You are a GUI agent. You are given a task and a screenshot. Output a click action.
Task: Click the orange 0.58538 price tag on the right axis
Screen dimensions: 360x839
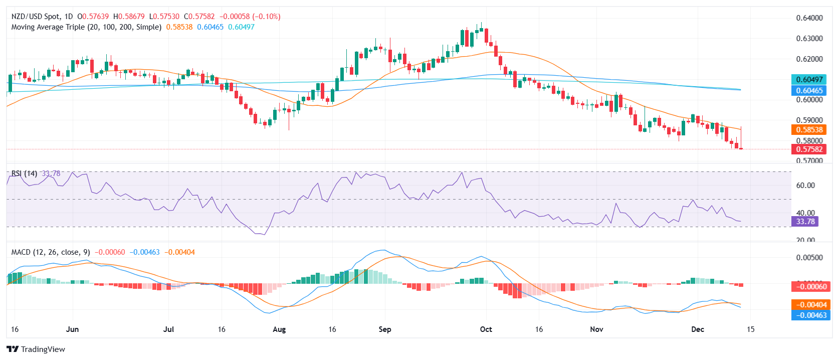pyautogui.click(x=809, y=130)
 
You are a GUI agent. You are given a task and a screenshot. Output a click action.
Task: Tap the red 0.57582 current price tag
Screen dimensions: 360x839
pyautogui.click(x=809, y=149)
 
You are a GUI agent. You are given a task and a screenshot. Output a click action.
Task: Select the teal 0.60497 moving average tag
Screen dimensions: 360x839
pyautogui.click(x=809, y=80)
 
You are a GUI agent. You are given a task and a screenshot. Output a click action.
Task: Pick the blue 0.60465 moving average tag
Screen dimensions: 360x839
pyautogui.click(x=809, y=91)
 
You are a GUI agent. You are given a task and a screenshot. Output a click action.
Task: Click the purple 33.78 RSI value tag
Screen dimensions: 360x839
pyautogui.click(x=805, y=222)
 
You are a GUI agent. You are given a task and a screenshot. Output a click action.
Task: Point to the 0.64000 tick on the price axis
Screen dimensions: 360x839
pyautogui.click(x=809, y=18)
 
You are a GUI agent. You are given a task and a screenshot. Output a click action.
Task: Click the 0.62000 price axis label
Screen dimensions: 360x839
pyautogui.click(x=809, y=59)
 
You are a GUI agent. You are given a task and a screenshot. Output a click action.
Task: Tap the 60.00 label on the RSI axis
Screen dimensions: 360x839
pyautogui.click(x=805, y=186)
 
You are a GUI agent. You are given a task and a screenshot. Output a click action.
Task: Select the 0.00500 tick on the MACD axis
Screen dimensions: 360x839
pyautogui.click(x=809, y=258)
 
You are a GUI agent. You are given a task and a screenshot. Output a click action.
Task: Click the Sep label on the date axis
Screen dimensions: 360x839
pyautogui.click(x=385, y=329)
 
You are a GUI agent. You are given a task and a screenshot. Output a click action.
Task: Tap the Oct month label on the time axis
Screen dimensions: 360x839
pyautogui.click(x=486, y=329)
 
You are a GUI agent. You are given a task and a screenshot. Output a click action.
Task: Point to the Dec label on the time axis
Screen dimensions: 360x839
pyautogui.click(x=697, y=329)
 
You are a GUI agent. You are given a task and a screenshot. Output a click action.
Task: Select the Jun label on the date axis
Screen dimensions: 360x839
pyautogui.click(x=73, y=329)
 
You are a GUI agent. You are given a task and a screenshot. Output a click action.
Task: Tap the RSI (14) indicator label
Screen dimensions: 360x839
pyautogui.click(x=24, y=173)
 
